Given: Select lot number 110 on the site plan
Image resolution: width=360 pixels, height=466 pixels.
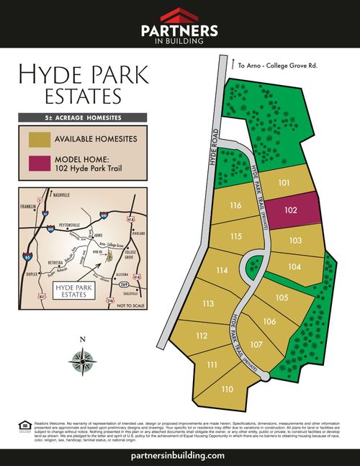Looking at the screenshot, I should click(228, 389).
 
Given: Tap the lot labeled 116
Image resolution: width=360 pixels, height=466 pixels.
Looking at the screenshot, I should click(235, 206).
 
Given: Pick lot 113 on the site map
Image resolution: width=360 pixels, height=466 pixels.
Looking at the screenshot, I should click(209, 304).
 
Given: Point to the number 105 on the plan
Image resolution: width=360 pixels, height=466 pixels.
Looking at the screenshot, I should click(282, 297).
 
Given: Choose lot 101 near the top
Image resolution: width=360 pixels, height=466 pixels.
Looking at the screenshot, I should click(284, 183).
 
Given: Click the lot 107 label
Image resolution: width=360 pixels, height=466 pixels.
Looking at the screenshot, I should click(256, 344).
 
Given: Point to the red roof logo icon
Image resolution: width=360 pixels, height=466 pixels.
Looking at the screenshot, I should click(179, 15).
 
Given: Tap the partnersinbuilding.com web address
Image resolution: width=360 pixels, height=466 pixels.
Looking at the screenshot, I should click(179, 455).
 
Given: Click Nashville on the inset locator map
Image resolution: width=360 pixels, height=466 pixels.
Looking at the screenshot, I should click(62, 195).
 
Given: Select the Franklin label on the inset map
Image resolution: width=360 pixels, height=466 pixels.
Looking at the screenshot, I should click(27, 207).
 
